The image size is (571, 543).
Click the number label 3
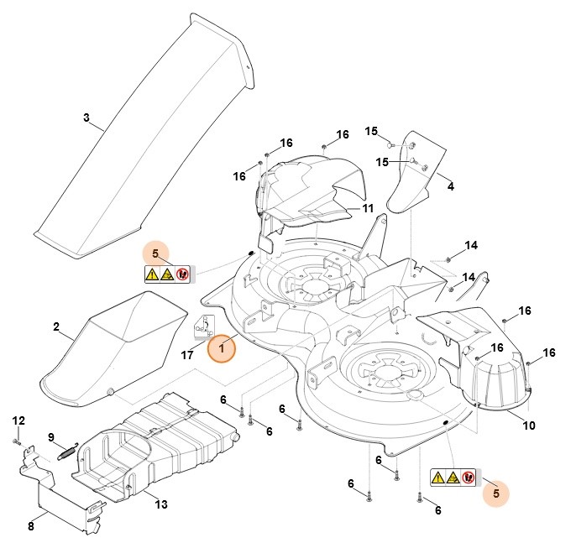click(x=86, y=117)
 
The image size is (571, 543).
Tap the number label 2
click(x=55, y=326)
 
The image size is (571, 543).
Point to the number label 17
click(x=188, y=354)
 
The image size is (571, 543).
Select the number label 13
click(x=161, y=504)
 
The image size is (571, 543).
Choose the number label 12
click(x=18, y=420)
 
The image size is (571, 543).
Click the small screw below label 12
click(x=17, y=439)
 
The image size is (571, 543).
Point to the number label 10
click(x=528, y=426)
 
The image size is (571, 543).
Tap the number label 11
click(x=368, y=208)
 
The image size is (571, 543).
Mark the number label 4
click(x=450, y=186)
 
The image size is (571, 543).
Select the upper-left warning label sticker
click(x=168, y=273)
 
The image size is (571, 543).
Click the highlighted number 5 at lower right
click(x=496, y=494)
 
